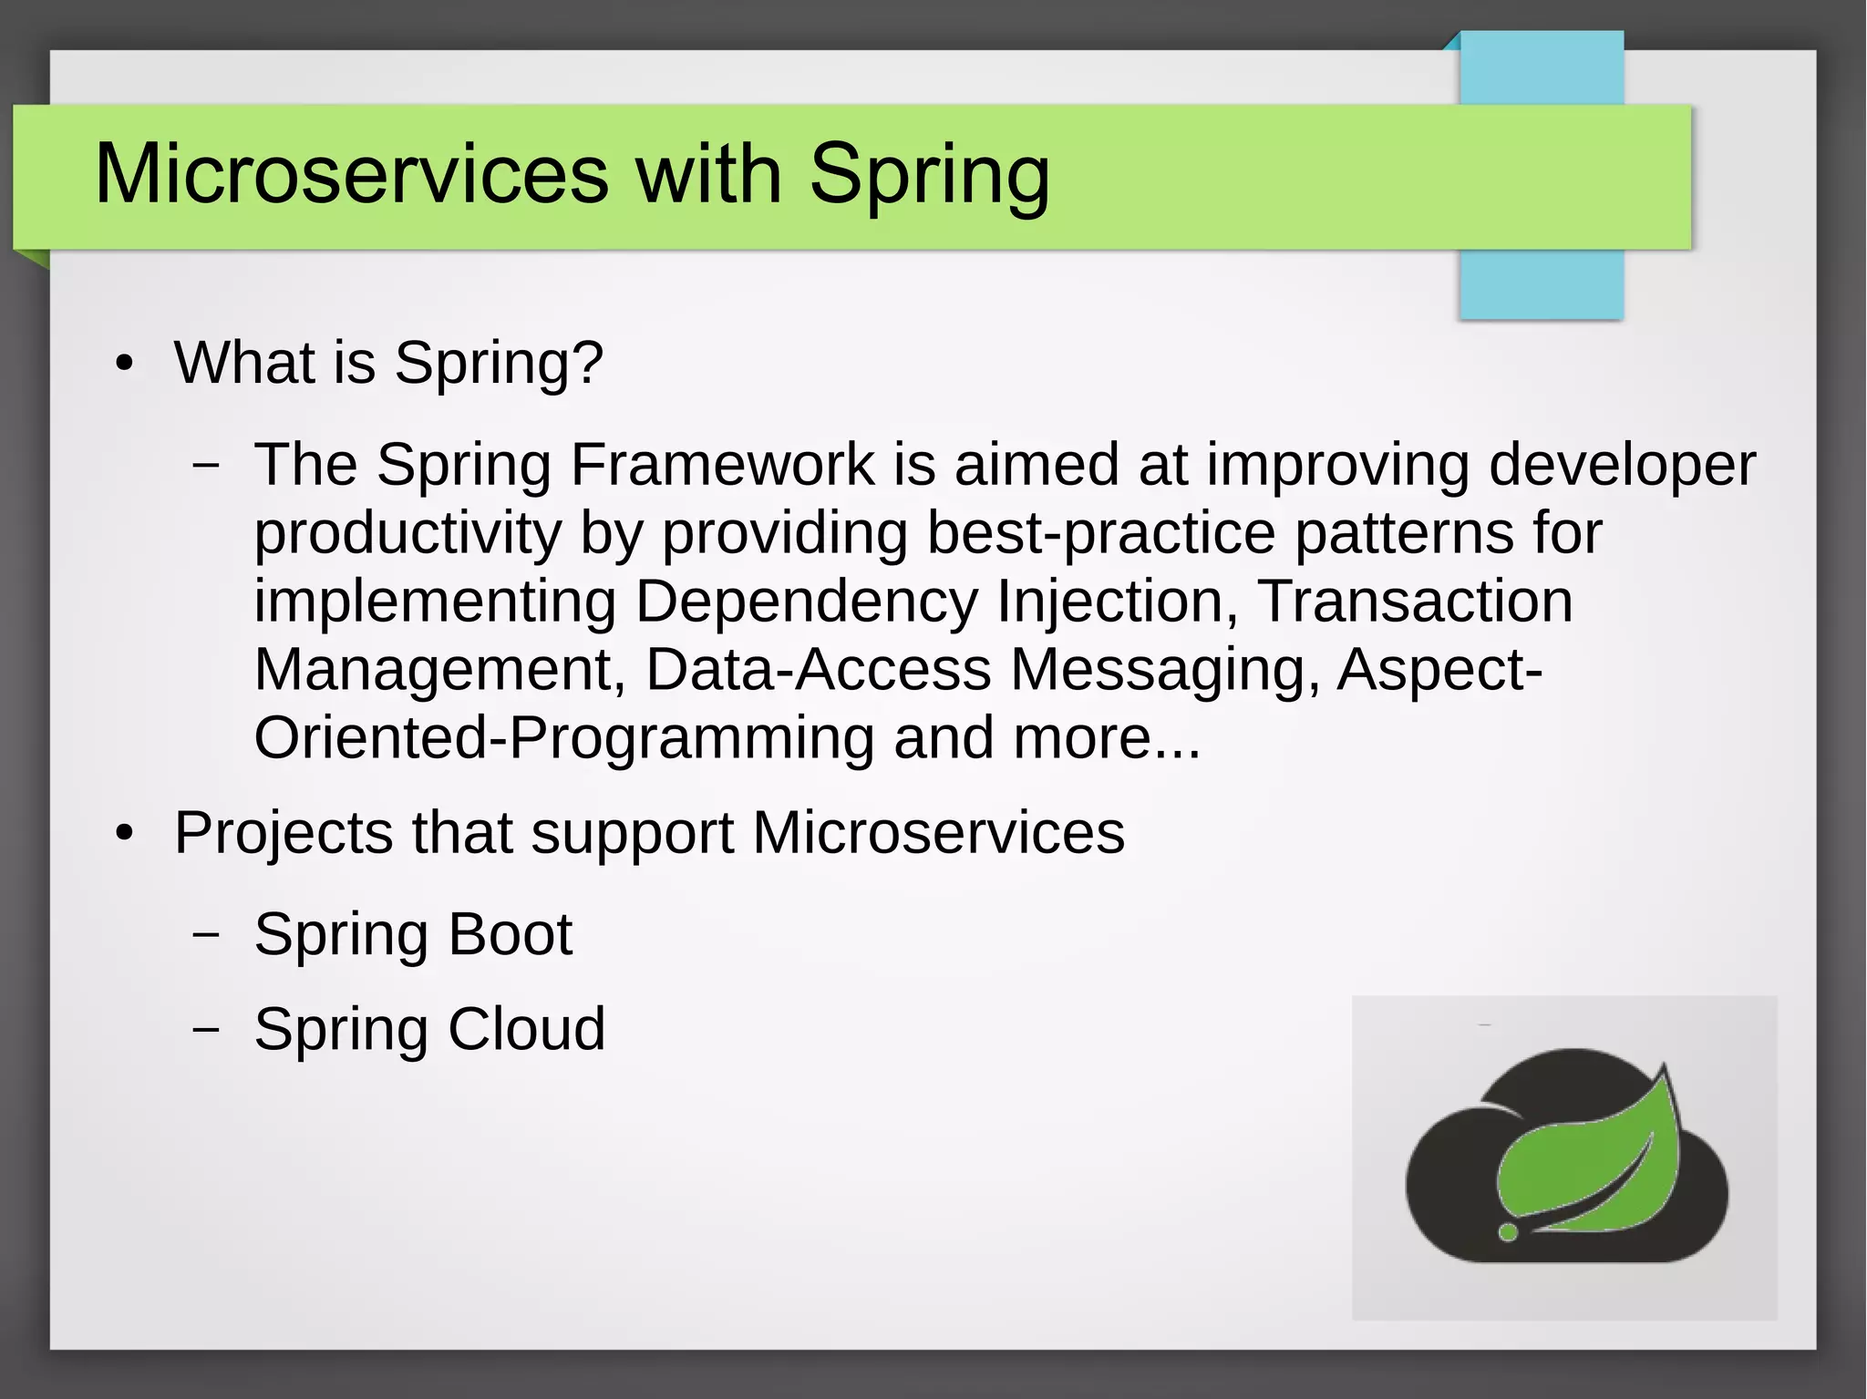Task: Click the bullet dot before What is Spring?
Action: pyautogui.click(x=125, y=365)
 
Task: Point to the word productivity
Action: pyautogui.click(x=407, y=533)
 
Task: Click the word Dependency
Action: pyautogui.click(x=806, y=602)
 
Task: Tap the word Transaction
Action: pyautogui.click(x=1415, y=602)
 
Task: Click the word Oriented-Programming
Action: pyautogui.click(x=563, y=737)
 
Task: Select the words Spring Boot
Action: pyautogui.click(x=413, y=934)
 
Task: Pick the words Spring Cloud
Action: pyautogui.click(x=429, y=1029)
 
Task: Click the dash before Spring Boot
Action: pyautogui.click(x=207, y=934)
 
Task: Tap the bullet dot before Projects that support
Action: pyautogui.click(x=125, y=835)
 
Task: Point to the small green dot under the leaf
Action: pyautogui.click(x=1508, y=1232)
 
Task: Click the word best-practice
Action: pyautogui.click(x=1100, y=533)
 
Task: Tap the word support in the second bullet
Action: pyautogui.click(x=632, y=833)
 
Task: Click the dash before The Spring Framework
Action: pyautogui.click(x=207, y=464)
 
